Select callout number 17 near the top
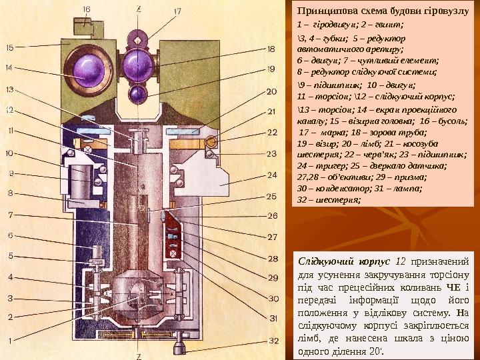click(x=177, y=11)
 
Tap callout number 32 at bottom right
click(x=272, y=341)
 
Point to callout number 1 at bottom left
click(x=10, y=341)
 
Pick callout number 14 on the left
click(x=10, y=67)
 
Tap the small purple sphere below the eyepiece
click(x=139, y=92)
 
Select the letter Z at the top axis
click(x=138, y=8)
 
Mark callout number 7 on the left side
click(x=10, y=215)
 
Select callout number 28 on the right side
click(x=272, y=257)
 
